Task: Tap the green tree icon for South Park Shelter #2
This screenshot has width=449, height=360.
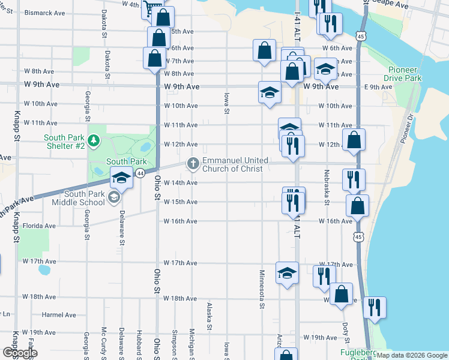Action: tap(93, 141)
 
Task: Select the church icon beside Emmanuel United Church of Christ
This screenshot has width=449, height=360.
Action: tap(193, 163)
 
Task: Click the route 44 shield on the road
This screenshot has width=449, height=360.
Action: tap(140, 173)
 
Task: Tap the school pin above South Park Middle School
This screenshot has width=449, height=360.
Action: tap(121, 178)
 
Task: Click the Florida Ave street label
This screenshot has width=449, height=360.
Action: tap(40, 226)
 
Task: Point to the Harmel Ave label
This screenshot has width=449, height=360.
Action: tap(59, 314)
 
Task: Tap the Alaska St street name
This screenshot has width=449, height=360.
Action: tap(209, 316)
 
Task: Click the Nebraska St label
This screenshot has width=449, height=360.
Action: tap(327, 191)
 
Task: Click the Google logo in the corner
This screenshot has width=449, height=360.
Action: tap(20, 352)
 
